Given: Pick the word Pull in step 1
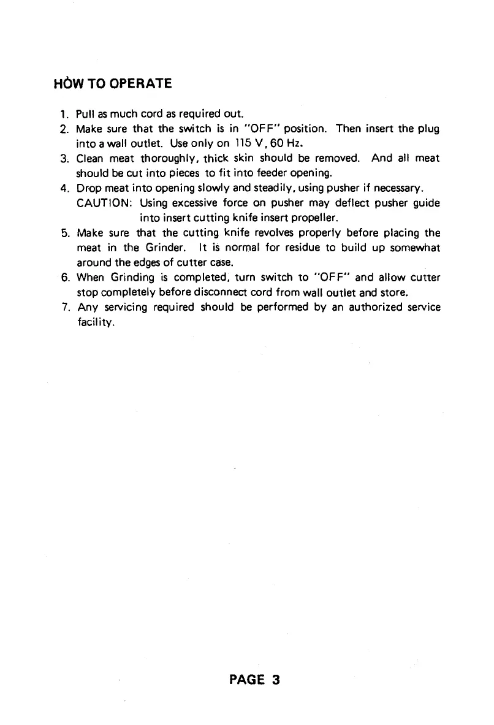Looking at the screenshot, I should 84,115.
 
